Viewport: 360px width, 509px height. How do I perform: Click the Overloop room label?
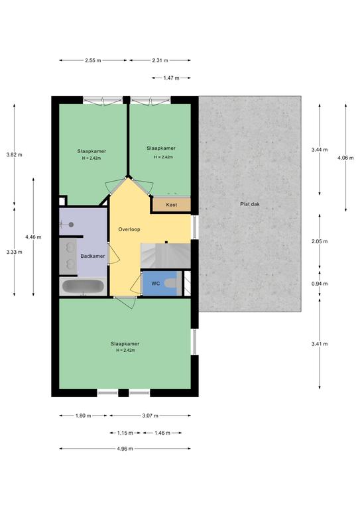click(x=129, y=229)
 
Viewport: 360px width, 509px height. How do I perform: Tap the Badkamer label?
click(x=93, y=256)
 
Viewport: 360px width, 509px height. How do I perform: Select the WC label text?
click(x=156, y=284)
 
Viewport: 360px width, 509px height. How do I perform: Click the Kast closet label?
click(x=172, y=205)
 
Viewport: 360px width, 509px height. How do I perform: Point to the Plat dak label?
click(x=250, y=204)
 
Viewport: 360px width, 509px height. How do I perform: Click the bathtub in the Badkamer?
click(x=83, y=286)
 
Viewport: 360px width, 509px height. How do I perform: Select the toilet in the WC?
click(x=172, y=283)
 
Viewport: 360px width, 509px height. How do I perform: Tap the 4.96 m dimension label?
click(x=125, y=449)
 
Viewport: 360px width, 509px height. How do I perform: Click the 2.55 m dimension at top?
click(x=93, y=60)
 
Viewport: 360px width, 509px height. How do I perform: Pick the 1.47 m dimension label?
click(x=171, y=78)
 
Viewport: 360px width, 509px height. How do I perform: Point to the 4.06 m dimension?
click(x=345, y=158)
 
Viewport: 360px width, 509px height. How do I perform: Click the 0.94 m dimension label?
click(x=320, y=284)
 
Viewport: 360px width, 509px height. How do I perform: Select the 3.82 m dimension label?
click(x=14, y=154)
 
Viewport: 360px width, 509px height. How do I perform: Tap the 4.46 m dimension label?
click(x=33, y=237)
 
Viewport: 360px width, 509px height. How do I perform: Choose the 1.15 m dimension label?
click(x=125, y=433)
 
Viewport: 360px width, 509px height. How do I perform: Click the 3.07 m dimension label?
click(x=150, y=416)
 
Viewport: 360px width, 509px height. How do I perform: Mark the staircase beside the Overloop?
click(x=166, y=256)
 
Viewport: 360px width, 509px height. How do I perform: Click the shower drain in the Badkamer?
click(x=71, y=224)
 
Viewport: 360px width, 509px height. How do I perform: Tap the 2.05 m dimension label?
click(x=320, y=241)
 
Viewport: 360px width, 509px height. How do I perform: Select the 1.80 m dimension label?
click(x=83, y=416)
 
